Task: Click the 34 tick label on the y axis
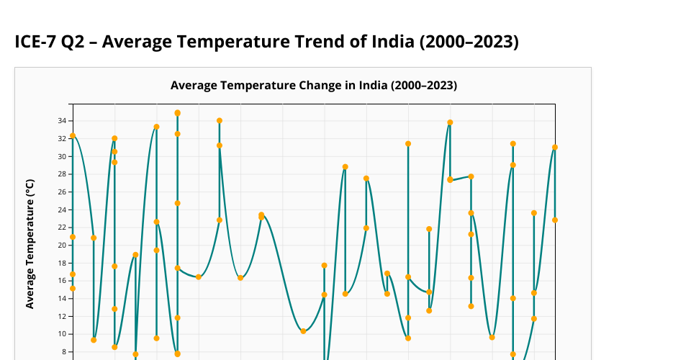point(63,121)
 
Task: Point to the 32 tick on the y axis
point(63,139)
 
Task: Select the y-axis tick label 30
point(63,156)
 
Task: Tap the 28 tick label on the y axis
point(63,174)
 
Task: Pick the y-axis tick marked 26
point(63,192)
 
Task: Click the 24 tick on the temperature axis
point(63,210)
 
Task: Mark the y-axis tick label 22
point(63,228)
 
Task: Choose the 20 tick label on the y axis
point(63,245)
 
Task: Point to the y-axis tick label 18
point(63,263)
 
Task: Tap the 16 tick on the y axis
point(63,281)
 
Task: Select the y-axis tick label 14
point(63,298)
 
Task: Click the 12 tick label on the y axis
point(63,316)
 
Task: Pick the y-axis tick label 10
point(63,333)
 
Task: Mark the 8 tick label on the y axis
point(64,351)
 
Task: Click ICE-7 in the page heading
point(35,42)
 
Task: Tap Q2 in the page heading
point(76,42)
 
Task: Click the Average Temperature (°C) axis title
point(30,243)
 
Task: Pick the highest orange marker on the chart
point(177,113)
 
